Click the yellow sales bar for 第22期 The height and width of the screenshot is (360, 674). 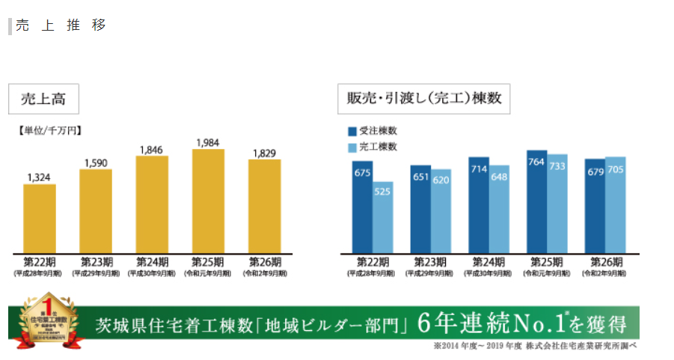coord(40,218)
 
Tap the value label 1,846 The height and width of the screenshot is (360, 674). coord(152,150)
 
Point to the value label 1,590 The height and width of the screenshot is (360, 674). coord(96,162)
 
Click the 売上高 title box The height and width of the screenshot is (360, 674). coord(43,99)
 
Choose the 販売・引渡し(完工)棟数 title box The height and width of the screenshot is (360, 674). coord(423,99)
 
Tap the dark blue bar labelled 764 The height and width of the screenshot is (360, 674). coord(536,201)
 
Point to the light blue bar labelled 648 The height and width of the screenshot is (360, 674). coord(499,209)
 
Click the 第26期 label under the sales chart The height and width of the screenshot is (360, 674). coord(266,262)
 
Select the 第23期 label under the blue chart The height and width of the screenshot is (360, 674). coord(430,262)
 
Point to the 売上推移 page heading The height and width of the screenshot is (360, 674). coord(61,25)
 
